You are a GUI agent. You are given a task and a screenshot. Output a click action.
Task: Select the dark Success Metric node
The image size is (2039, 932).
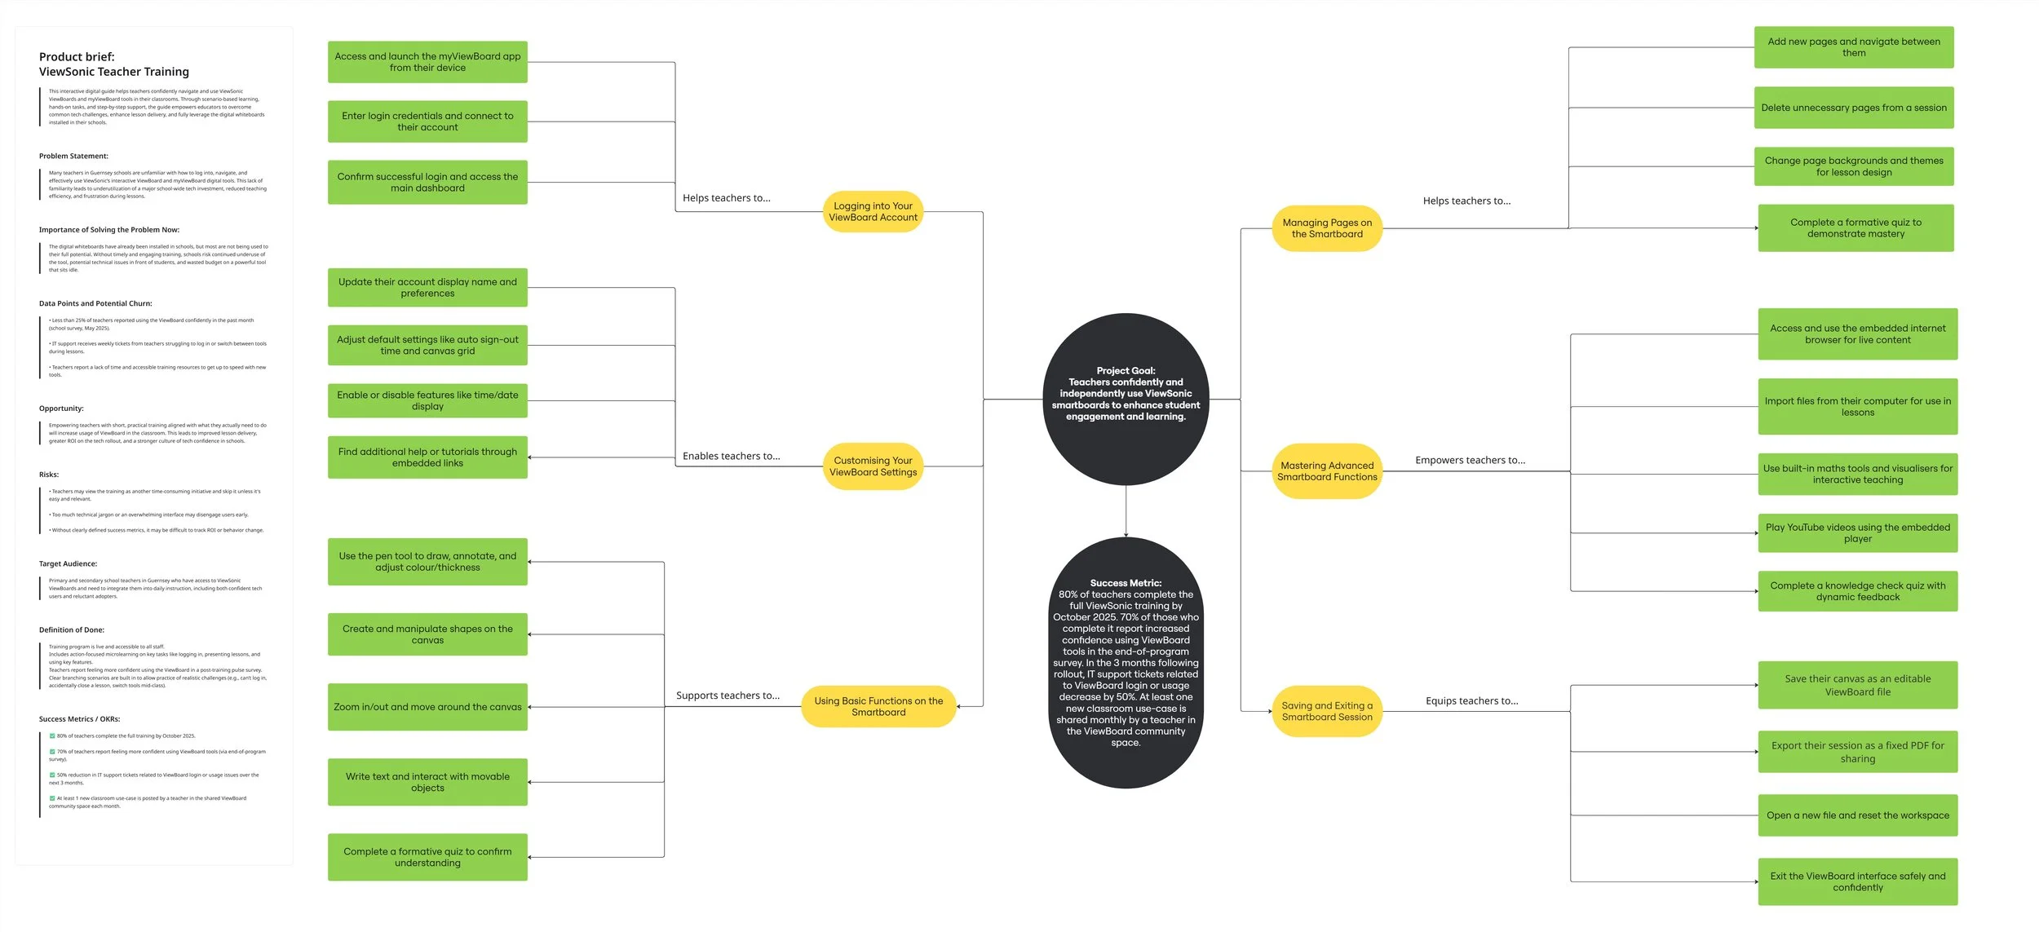click(x=1126, y=662)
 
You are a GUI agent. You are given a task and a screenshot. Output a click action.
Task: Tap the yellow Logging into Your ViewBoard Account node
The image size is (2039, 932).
click(x=873, y=212)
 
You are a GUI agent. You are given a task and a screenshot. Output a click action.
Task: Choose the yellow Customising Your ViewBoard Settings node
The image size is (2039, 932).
click(x=873, y=466)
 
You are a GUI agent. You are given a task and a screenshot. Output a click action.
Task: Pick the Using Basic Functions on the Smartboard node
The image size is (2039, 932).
click(x=878, y=706)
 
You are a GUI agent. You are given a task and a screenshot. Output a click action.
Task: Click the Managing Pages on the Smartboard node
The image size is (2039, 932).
click(x=1327, y=228)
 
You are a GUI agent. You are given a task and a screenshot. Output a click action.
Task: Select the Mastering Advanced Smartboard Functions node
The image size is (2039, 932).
click(x=1327, y=471)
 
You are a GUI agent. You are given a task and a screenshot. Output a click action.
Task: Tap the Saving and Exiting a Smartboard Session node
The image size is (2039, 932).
click(x=1327, y=711)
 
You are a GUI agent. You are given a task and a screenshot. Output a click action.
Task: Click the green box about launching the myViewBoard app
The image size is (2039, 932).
click(x=427, y=62)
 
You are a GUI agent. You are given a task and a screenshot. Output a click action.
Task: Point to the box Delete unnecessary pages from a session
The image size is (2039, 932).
click(x=1853, y=108)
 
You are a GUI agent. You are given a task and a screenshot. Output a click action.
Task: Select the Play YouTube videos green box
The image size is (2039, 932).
click(x=1857, y=533)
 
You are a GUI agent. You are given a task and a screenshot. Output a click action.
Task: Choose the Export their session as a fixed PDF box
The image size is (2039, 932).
click(x=1857, y=752)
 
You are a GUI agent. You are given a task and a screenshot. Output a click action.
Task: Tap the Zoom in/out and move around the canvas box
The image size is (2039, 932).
click(x=427, y=707)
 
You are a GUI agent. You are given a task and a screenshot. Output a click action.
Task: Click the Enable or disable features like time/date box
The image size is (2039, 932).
click(x=427, y=400)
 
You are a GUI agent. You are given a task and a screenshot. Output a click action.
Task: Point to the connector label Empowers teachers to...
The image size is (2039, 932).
click(x=1470, y=460)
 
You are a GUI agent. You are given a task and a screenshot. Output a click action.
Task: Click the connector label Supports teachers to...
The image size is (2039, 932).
click(x=728, y=696)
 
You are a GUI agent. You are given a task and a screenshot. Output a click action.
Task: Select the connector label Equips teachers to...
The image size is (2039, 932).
click(x=1471, y=700)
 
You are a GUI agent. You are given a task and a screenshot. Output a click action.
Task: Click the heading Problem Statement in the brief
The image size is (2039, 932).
click(x=73, y=156)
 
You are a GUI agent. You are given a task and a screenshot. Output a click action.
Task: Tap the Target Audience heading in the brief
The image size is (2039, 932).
click(x=68, y=563)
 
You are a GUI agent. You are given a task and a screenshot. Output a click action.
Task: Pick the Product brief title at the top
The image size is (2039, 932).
click(x=113, y=64)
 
